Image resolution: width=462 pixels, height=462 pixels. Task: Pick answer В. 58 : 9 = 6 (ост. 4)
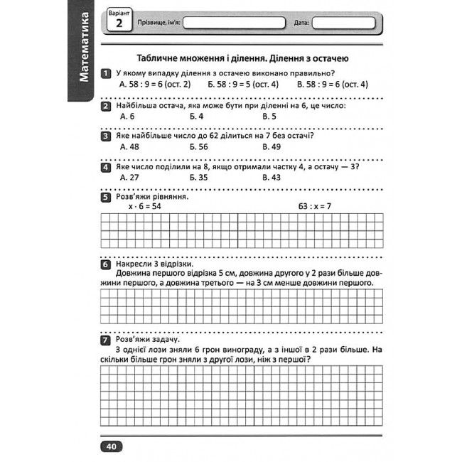pyautogui.click(x=332, y=84)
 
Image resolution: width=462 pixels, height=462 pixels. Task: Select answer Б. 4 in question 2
pyautogui.click(x=197, y=116)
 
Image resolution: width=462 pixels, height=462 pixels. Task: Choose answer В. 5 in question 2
pyautogui.click(x=269, y=116)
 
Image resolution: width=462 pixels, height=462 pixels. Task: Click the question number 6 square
pyautogui.click(x=105, y=264)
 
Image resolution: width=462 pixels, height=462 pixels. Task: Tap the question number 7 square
pyautogui.click(x=105, y=340)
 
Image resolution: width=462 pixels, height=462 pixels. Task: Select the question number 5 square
pyautogui.click(x=105, y=197)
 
